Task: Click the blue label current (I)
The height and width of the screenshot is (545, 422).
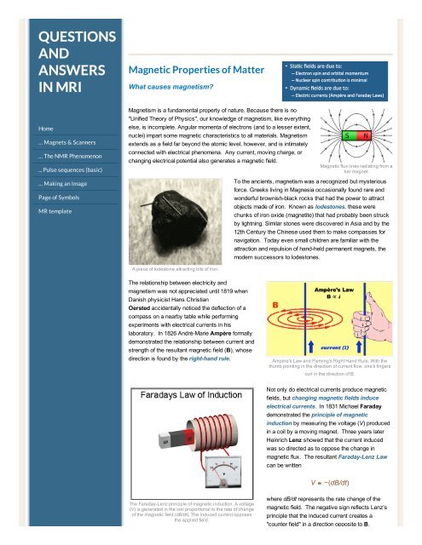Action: click(341, 347)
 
